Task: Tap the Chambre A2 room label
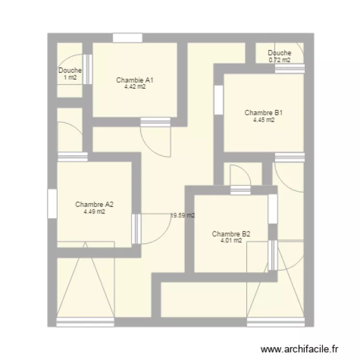coord(94,204)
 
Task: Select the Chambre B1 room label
coord(264,113)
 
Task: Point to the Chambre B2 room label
coord(231,234)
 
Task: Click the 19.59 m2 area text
coord(183,216)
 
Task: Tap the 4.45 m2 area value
coord(264,120)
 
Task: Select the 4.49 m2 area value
coord(94,211)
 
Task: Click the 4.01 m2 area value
coord(231,241)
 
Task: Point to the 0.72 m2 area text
coord(279,60)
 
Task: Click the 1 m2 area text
coord(70,78)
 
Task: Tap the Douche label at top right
coord(279,53)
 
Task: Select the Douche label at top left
coord(70,71)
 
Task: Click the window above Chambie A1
coord(128,38)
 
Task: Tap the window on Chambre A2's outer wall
coord(52,204)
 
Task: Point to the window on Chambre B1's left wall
coord(218,100)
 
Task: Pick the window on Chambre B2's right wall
coord(273,209)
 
